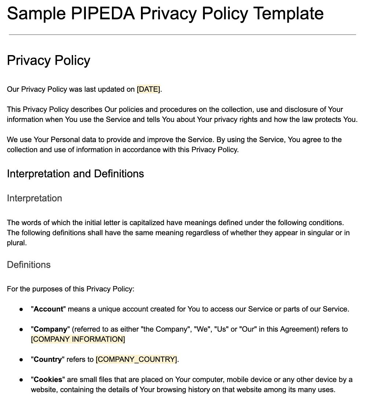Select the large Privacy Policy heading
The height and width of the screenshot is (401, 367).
click(x=48, y=61)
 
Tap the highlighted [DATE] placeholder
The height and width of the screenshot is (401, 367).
click(x=148, y=89)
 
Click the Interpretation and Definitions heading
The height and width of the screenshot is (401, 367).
click(x=75, y=174)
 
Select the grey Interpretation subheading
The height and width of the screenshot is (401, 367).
click(x=34, y=198)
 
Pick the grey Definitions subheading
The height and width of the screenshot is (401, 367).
click(x=29, y=265)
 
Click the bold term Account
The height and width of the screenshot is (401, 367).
click(x=48, y=309)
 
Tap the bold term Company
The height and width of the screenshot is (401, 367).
click(x=51, y=329)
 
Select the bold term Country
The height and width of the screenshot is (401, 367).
click(x=48, y=360)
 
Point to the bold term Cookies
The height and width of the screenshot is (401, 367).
click(x=48, y=379)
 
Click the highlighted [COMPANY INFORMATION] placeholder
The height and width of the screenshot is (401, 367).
click(x=78, y=339)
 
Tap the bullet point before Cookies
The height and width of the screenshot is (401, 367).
click(x=22, y=380)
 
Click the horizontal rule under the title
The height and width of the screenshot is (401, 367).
click(x=182, y=35)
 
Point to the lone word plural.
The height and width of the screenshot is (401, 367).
click(x=17, y=243)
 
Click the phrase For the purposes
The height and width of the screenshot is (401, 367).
click(x=33, y=289)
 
